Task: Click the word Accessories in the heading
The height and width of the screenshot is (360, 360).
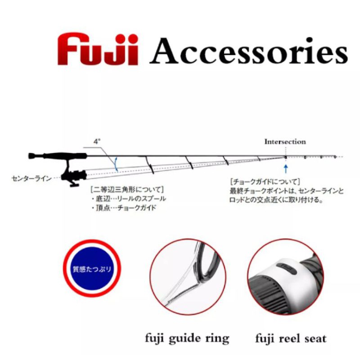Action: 248,51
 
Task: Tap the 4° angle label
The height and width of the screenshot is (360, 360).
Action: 97,141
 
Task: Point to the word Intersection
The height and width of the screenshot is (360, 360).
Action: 285,142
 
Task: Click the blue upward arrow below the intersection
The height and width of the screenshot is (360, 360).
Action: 286,168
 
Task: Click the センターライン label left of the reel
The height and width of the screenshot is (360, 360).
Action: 31,178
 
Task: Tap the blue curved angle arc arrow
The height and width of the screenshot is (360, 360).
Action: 116,164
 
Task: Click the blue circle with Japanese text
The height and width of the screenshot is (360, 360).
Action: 92,269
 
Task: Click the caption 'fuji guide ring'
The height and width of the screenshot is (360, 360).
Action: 187,339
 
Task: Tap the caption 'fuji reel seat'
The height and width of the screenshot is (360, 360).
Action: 291,339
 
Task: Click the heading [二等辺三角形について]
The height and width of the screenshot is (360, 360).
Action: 127,190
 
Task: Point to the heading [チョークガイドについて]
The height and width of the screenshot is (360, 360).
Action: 265,182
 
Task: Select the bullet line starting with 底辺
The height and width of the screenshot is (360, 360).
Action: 129,199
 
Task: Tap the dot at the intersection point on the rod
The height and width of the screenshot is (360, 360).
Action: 286,157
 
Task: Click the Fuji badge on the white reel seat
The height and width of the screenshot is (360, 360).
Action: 287,268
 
